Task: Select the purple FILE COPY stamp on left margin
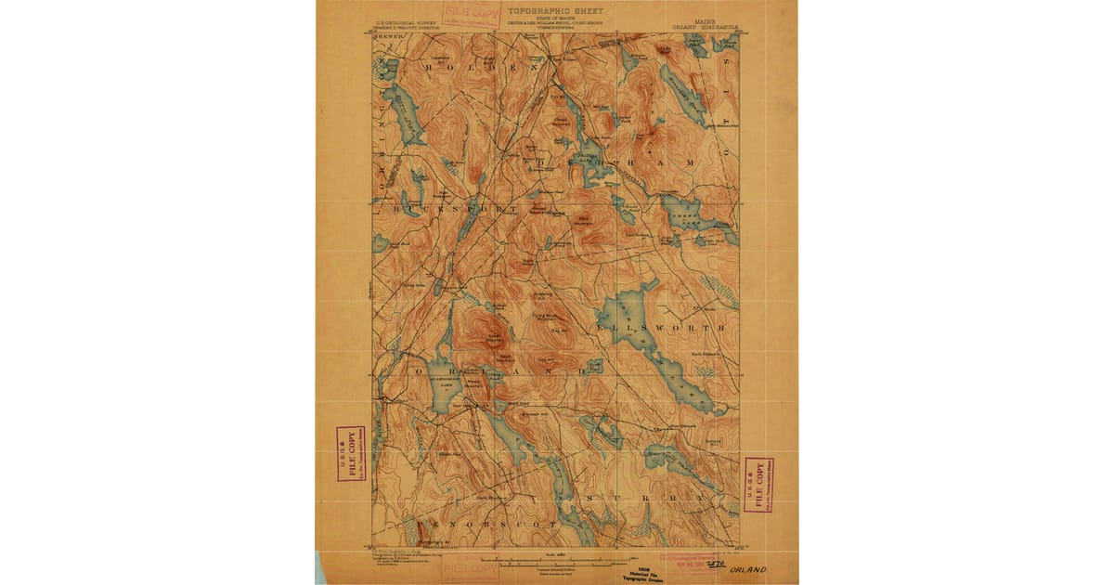point(351,454)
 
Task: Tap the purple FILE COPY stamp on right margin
point(759,484)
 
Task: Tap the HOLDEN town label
point(469,67)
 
